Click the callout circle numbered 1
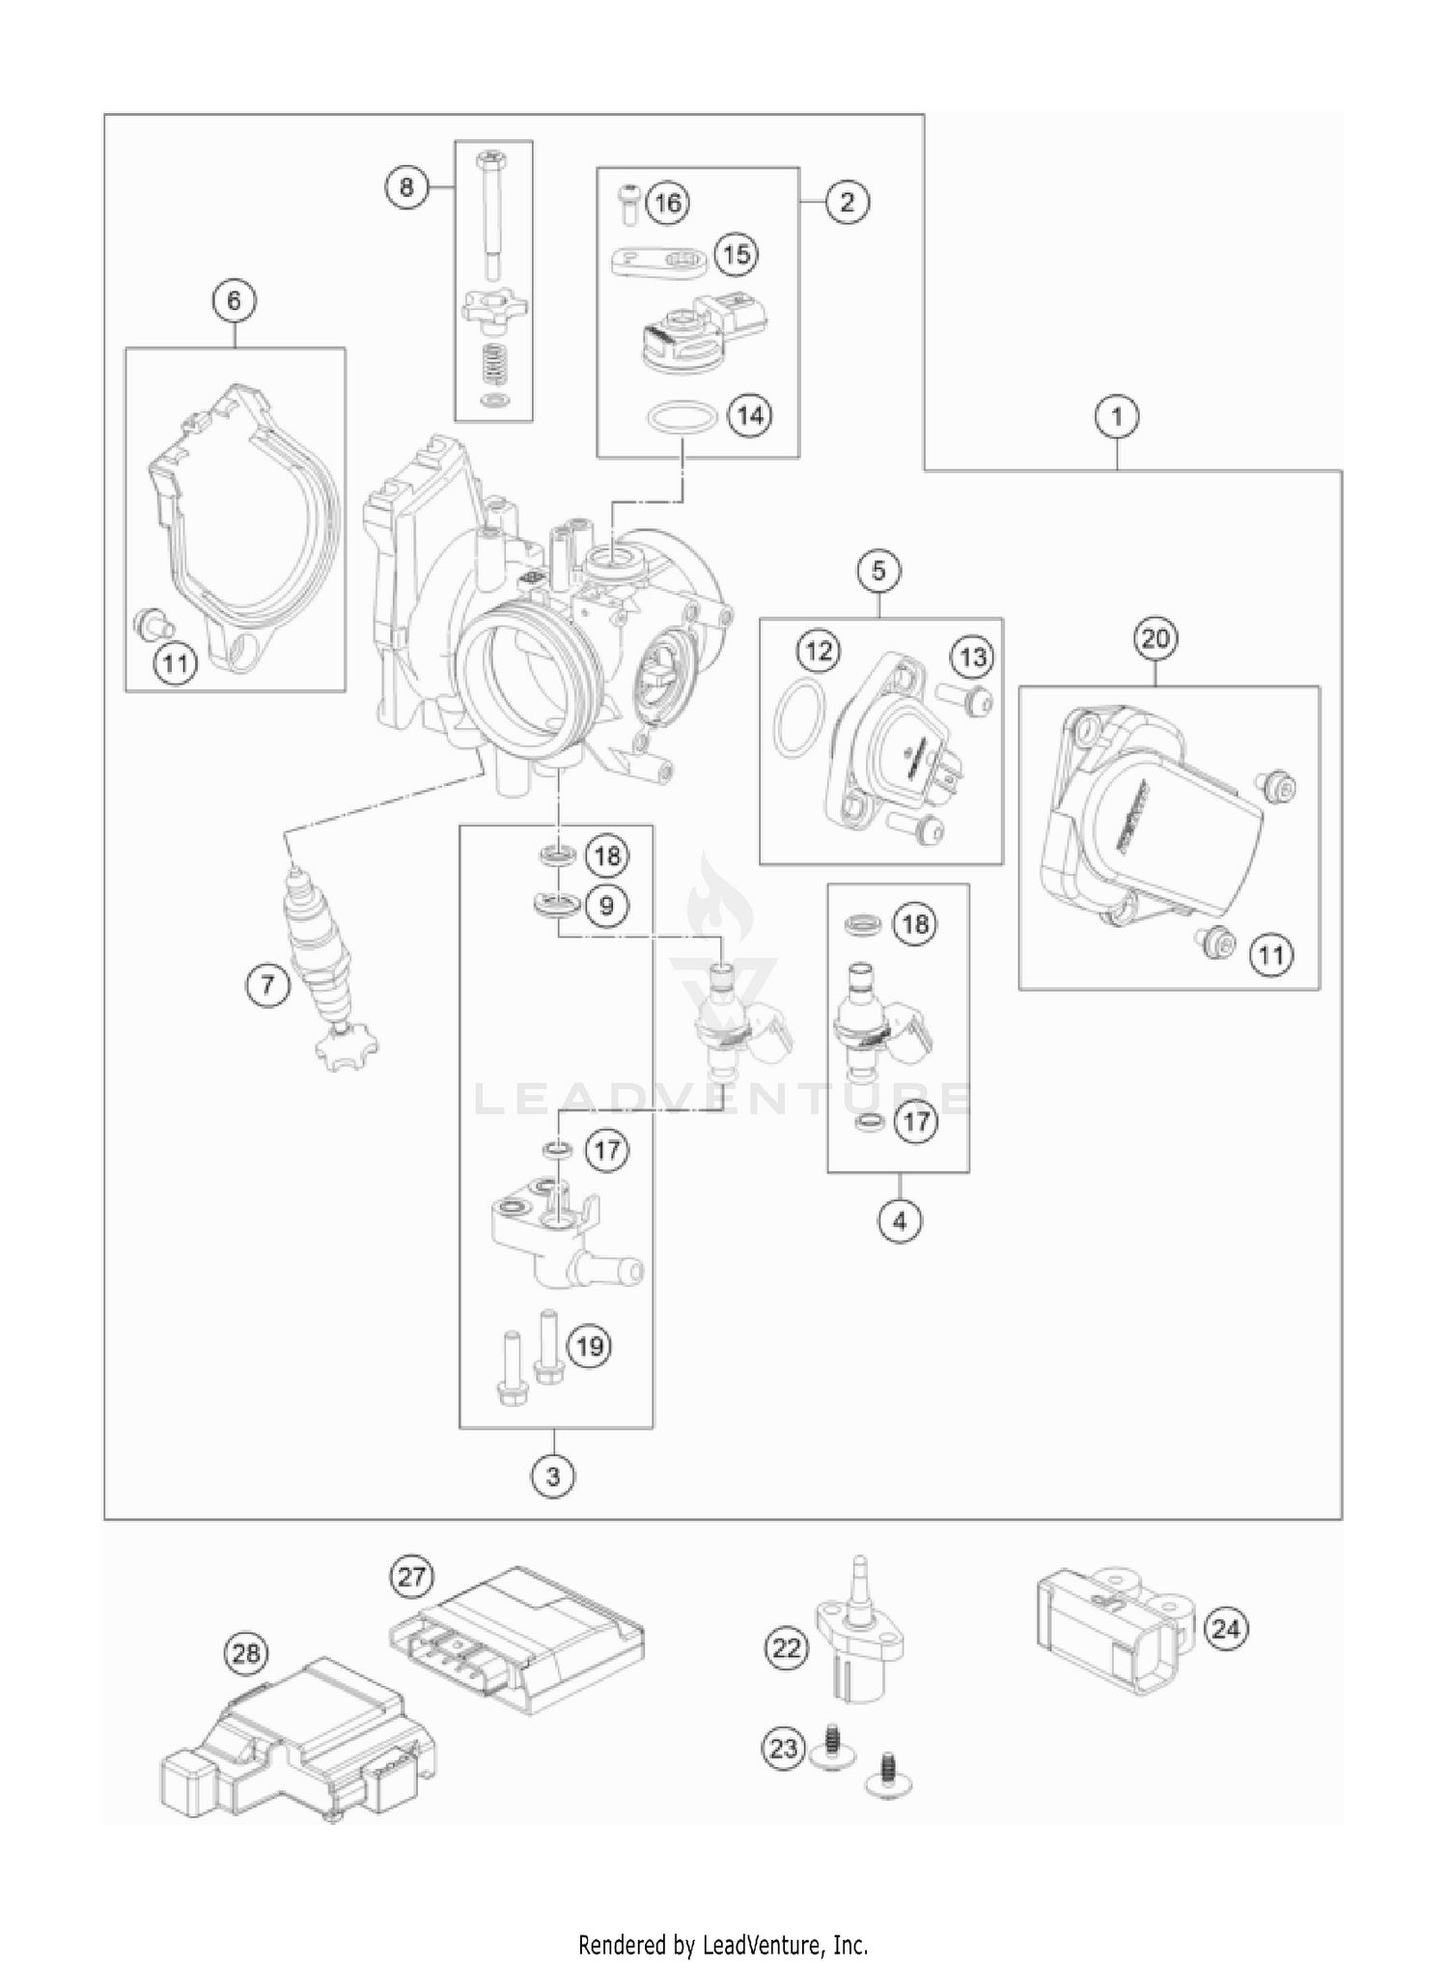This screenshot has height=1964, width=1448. click(1117, 417)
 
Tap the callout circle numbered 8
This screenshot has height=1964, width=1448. click(406, 186)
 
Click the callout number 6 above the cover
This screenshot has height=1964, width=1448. click(235, 301)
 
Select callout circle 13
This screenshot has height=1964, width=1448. click(972, 658)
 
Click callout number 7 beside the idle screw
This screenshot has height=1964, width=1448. click(267, 985)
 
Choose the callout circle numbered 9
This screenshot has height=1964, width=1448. click(606, 906)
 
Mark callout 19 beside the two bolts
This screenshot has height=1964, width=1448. click(590, 1345)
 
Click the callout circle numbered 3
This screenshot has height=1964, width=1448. click(553, 1476)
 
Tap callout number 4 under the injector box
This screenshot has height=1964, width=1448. click(900, 1221)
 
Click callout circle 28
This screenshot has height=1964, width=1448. click(247, 1653)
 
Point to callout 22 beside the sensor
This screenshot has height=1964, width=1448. click(787, 1647)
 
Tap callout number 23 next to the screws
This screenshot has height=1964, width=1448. click(784, 1748)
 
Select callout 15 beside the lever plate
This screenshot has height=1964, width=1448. click(737, 255)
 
